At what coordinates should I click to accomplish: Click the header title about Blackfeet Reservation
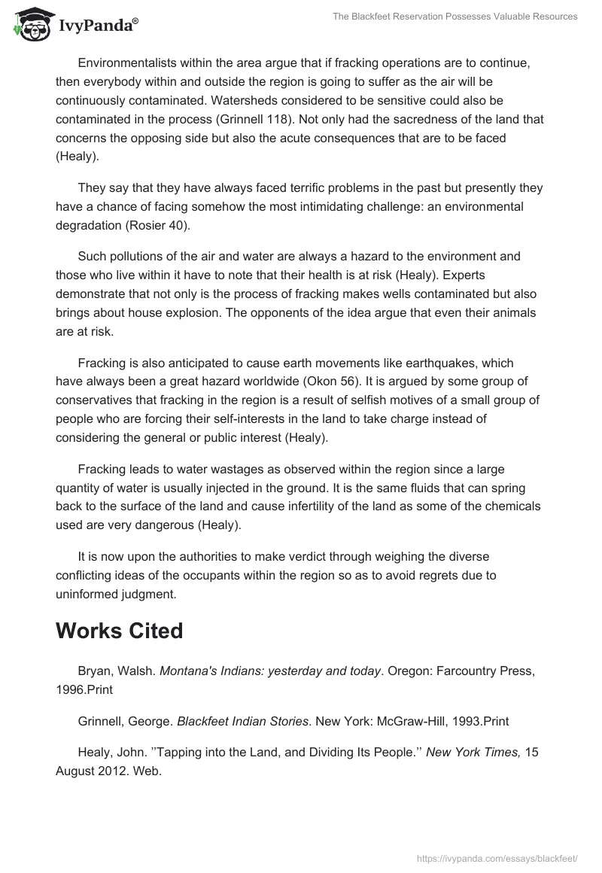(x=455, y=17)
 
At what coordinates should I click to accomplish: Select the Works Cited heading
(x=119, y=631)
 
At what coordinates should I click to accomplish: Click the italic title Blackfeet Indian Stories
(x=242, y=721)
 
